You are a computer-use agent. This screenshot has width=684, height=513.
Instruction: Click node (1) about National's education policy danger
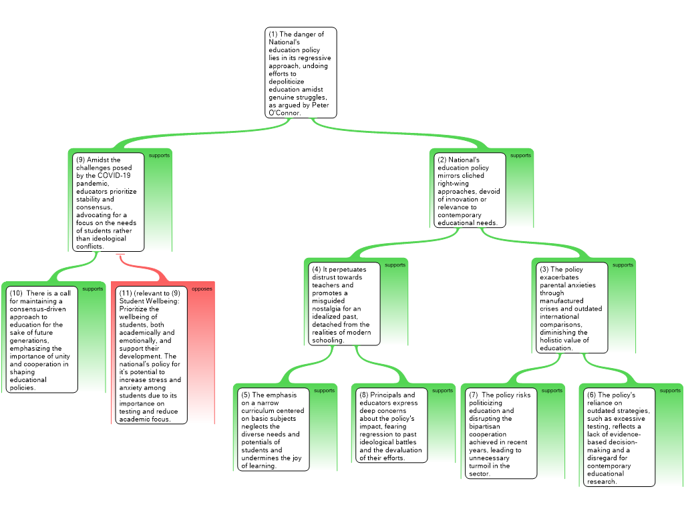click(x=301, y=72)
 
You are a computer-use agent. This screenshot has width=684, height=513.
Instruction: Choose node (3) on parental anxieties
click(x=573, y=308)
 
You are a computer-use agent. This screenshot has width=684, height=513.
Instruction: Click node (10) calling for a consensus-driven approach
click(x=42, y=339)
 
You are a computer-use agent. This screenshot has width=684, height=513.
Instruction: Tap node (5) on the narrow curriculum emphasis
click(x=274, y=430)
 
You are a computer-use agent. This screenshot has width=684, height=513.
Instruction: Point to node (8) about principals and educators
click(x=391, y=426)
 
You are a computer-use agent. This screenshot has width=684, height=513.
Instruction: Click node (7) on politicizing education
click(x=501, y=434)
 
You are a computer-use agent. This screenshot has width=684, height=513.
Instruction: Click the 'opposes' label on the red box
click(x=202, y=289)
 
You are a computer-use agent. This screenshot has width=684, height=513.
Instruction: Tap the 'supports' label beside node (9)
click(x=159, y=156)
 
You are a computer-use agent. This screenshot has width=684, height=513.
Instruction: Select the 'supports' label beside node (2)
click(x=521, y=156)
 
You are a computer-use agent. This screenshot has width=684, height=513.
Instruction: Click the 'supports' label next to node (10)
click(x=93, y=289)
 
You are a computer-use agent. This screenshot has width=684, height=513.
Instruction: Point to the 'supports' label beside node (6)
click(x=670, y=391)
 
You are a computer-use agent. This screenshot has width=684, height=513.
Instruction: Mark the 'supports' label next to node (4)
click(x=395, y=265)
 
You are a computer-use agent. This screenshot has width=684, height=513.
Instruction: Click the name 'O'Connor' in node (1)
click(x=285, y=113)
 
